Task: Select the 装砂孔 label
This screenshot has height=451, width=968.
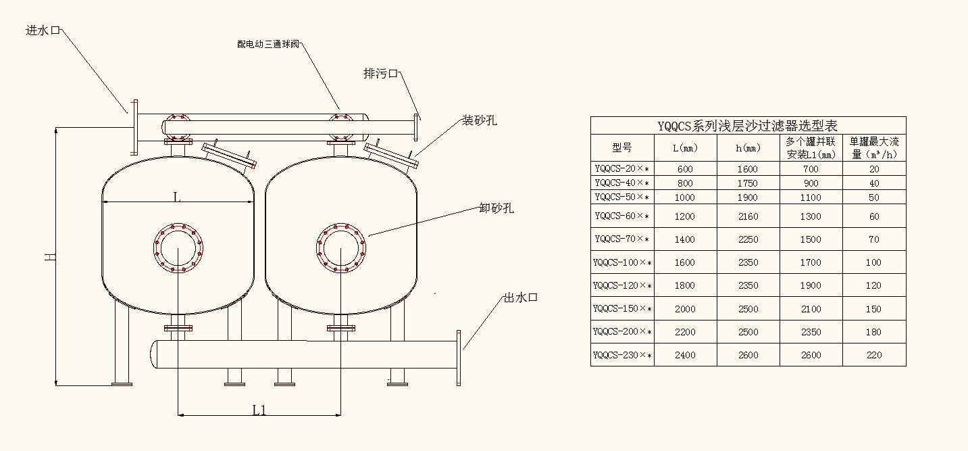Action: (x=480, y=120)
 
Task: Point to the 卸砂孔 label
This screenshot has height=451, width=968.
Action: (x=496, y=208)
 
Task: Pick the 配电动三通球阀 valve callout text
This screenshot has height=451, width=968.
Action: (x=268, y=45)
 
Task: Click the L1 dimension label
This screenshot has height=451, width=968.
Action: (x=259, y=410)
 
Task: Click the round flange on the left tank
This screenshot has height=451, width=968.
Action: (x=178, y=247)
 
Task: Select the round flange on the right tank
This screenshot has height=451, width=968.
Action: (x=341, y=247)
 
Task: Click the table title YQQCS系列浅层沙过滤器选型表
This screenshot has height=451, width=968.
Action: (x=748, y=126)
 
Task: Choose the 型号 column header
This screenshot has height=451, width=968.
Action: (x=622, y=147)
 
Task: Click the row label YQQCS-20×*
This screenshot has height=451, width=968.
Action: (x=622, y=169)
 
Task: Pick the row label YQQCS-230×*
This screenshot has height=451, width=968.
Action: (x=622, y=355)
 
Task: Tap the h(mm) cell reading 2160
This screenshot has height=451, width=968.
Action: (x=747, y=216)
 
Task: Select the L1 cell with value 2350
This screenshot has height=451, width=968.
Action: (x=811, y=332)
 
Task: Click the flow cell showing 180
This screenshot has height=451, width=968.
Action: (x=874, y=332)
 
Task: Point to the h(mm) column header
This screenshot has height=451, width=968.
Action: (x=747, y=147)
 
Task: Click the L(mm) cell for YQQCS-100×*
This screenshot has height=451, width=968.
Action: (x=684, y=262)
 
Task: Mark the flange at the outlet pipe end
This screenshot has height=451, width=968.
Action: (x=459, y=358)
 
